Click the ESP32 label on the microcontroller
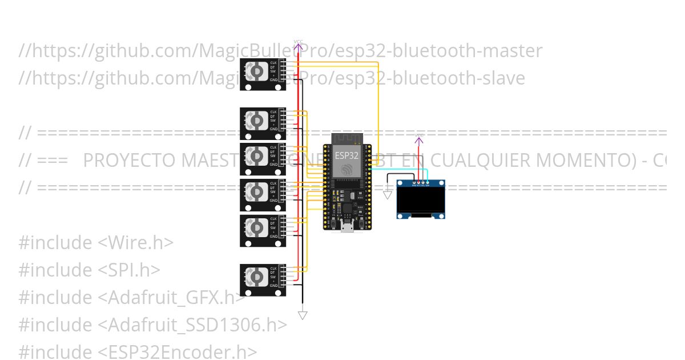347,155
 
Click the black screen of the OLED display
421,199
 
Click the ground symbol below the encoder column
303,315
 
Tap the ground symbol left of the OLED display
388,195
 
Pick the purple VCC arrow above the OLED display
418,141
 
